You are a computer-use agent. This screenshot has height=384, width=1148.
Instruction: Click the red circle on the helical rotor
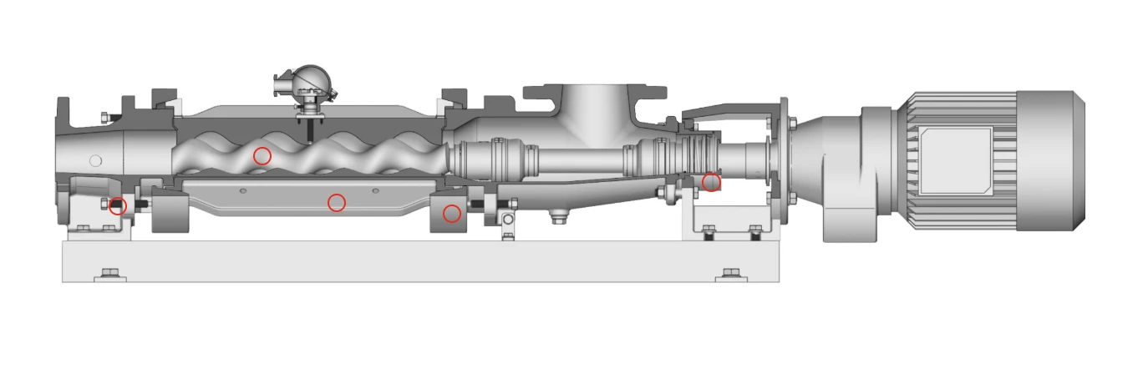(262, 156)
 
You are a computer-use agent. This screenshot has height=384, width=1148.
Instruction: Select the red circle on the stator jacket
(336, 203)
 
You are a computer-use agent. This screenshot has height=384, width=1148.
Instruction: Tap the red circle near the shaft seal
(711, 182)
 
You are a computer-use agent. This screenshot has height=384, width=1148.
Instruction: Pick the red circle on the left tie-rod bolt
(118, 206)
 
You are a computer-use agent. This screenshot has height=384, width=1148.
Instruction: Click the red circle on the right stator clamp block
(452, 215)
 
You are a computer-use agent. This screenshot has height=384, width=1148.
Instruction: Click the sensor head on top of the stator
(307, 83)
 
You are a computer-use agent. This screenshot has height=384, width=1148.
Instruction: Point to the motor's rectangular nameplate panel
(954, 161)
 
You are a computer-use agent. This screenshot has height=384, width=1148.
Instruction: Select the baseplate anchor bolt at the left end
(110, 274)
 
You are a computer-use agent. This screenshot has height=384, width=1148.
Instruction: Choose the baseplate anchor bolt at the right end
(731, 274)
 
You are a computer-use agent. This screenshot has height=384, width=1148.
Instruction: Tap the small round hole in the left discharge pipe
(95, 160)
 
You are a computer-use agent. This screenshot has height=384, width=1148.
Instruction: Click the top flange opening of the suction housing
(594, 87)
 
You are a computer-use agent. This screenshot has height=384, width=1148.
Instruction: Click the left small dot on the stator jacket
(242, 191)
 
